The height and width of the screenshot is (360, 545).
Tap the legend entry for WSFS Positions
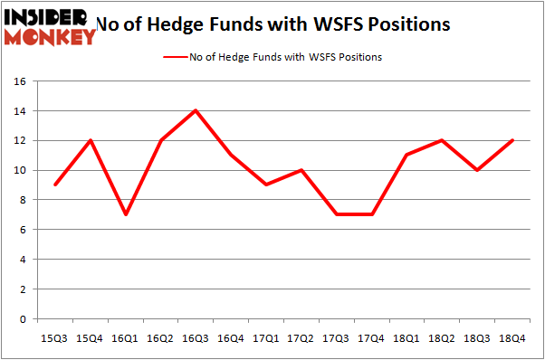272,57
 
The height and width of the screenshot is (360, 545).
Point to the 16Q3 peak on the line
195,110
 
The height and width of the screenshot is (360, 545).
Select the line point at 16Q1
126,214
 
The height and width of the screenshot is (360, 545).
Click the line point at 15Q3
56,185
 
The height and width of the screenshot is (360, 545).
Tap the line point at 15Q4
91,140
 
